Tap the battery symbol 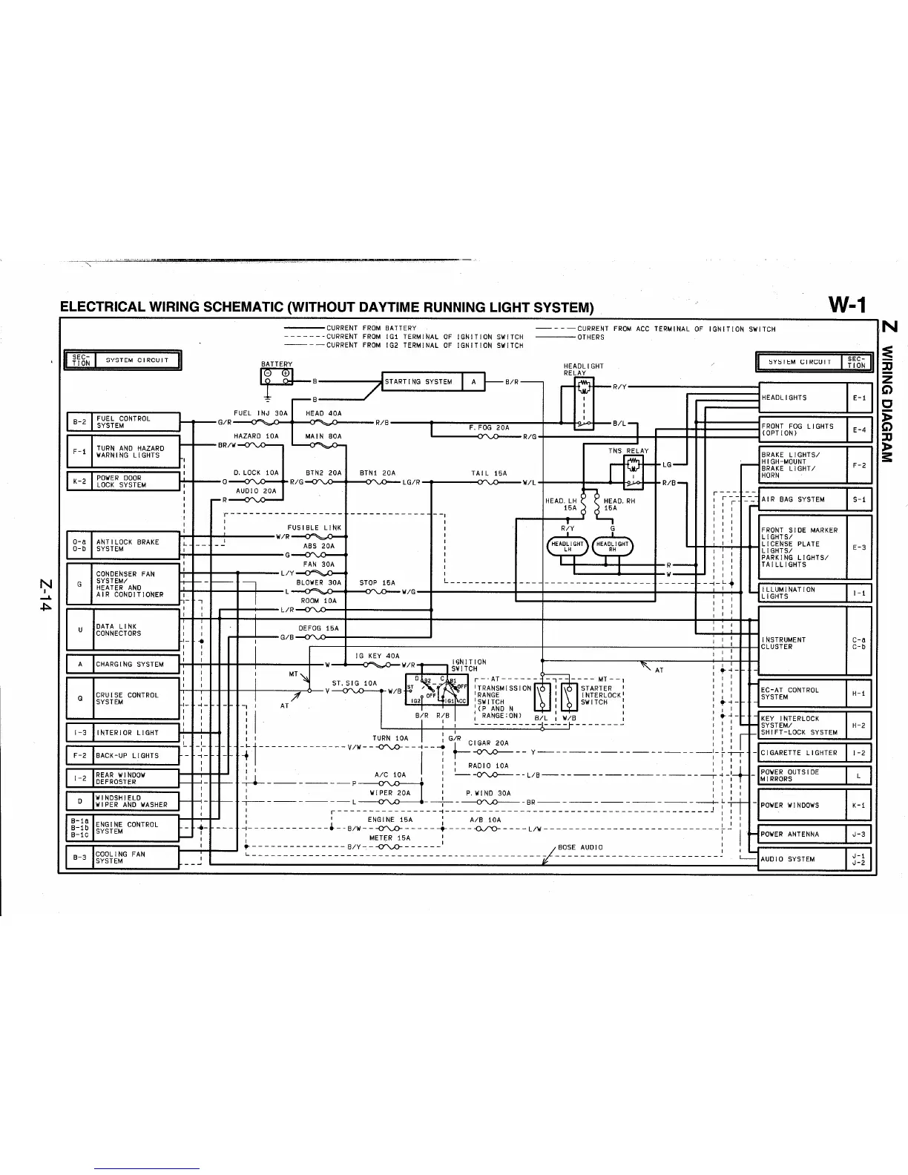click(277, 377)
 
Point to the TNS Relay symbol click(633, 472)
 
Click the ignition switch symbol click(436, 689)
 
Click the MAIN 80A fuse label click(323, 436)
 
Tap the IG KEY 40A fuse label click(378, 656)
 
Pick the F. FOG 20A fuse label click(489, 428)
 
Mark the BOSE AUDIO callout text click(580, 847)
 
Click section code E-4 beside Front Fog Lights click(859, 429)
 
